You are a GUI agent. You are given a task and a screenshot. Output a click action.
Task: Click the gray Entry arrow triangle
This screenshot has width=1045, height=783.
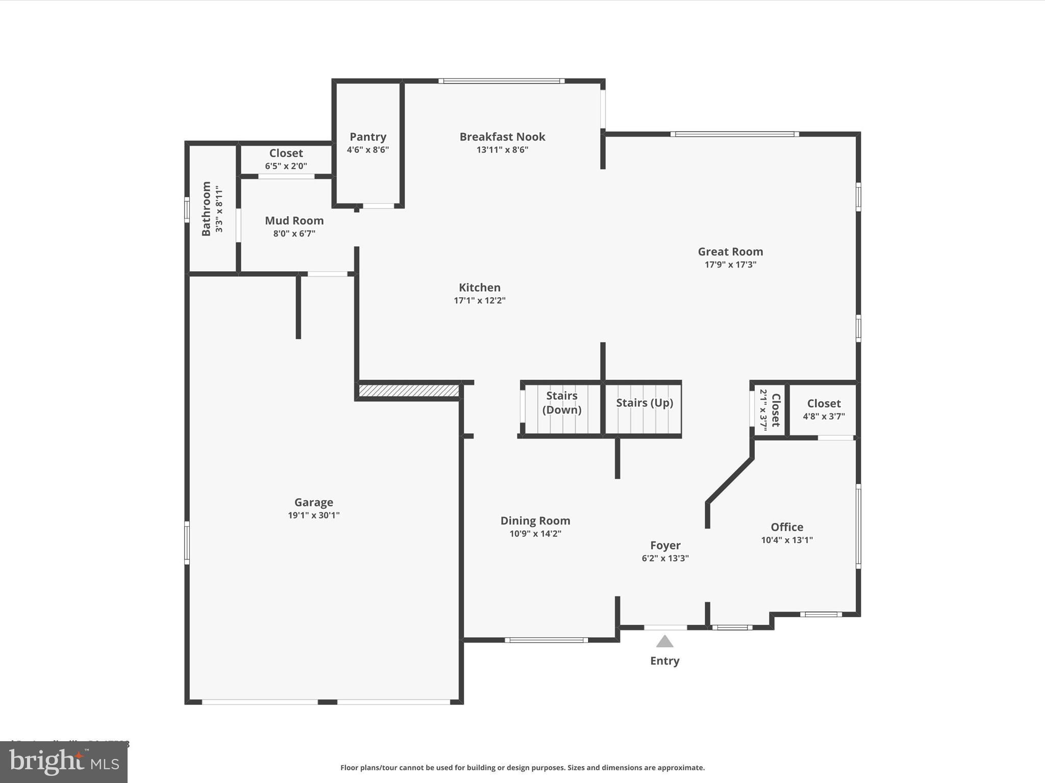[x=664, y=642]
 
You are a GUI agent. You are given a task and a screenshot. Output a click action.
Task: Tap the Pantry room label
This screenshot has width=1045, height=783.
[x=368, y=137]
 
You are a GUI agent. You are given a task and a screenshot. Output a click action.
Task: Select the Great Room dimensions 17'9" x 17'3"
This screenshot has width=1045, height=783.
[x=730, y=265]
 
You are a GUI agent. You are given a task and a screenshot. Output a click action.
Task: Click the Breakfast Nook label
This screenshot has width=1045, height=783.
[x=502, y=137]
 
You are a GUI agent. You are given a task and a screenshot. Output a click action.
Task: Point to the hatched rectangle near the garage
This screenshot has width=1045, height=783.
[x=409, y=390]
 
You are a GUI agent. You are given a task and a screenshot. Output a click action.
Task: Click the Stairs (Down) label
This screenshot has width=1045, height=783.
[x=562, y=403]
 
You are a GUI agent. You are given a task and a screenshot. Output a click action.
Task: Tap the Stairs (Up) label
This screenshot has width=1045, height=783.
[x=644, y=403]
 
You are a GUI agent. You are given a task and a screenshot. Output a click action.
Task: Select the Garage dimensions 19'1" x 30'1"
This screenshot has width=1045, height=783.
[x=313, y=515]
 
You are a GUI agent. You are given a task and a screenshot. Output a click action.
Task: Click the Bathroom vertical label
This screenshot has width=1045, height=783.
[x=206, y=208]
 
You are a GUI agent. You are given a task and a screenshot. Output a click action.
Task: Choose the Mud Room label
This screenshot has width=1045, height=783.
[x=294, y=221]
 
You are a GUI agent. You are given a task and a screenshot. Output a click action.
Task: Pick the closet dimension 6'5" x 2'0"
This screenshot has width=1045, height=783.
[x=286, y=166]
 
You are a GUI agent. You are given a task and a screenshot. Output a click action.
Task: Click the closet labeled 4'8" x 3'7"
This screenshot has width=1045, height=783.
[x=824, y=409]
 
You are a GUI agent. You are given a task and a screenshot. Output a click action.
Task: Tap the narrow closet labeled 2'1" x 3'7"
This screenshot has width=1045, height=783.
[x=770, y=410]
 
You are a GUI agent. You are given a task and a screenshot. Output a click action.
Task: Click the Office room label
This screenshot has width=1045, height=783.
[x=787, y=527]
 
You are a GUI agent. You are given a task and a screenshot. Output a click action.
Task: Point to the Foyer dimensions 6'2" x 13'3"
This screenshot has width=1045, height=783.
[x=665, y=558]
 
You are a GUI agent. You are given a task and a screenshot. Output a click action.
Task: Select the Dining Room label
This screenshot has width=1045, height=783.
[x=535, y=520]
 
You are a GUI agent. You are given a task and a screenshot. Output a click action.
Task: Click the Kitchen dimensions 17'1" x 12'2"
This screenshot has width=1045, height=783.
[x=479, y=301]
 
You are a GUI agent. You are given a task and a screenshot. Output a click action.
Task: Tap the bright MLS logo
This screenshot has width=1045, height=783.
[x=64, y=762]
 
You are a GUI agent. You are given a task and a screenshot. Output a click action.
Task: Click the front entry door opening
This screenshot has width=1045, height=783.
[x=665, y=628]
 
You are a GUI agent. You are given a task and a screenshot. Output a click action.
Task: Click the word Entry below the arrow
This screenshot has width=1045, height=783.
[x=664, y=661]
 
